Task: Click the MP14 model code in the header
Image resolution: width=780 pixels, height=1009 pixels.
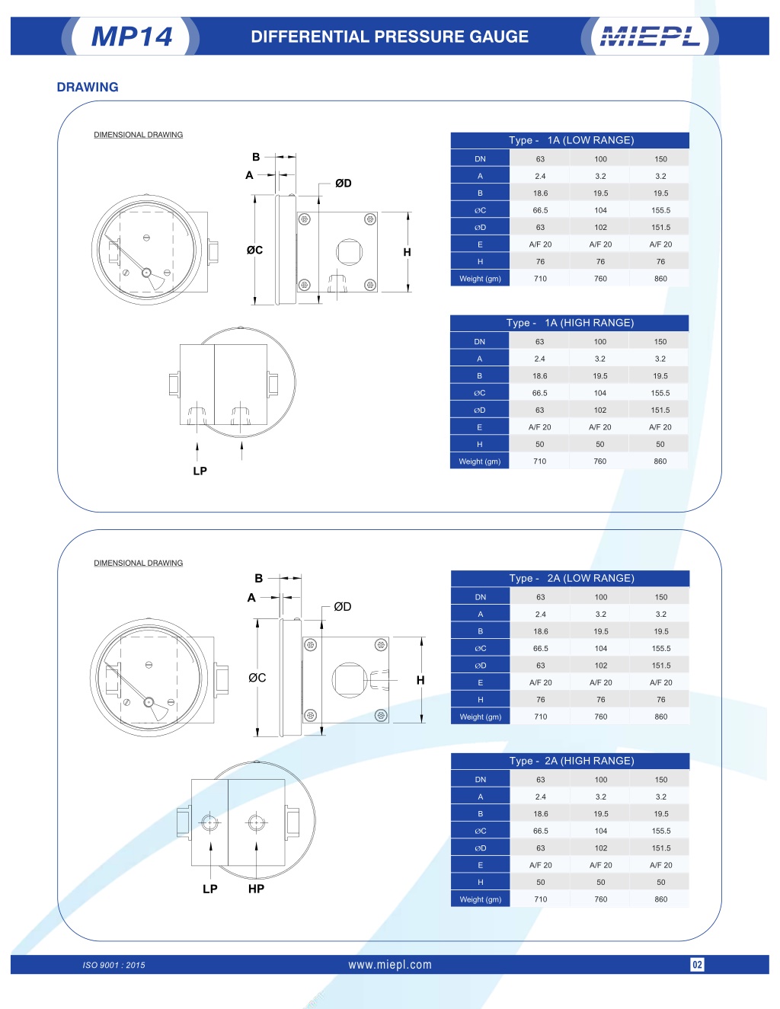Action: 132,37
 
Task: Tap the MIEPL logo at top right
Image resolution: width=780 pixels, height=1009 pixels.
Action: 650,37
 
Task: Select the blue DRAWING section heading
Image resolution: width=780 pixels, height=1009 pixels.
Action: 88,87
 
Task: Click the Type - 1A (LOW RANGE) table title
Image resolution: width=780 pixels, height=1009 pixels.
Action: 571,140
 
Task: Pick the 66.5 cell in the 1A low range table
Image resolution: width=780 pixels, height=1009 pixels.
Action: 540,210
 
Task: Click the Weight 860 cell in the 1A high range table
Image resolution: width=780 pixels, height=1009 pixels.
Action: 660,461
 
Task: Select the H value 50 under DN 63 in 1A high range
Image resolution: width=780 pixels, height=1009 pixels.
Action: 539,444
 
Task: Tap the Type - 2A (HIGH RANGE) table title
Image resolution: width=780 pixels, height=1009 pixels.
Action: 571,761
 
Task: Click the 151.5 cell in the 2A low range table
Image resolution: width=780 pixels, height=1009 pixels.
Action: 661,666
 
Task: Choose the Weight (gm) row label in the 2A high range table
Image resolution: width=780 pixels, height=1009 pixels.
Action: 481,899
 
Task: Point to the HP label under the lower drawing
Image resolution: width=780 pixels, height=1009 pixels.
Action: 256,888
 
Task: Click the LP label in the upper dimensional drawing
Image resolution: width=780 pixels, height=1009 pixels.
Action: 200,471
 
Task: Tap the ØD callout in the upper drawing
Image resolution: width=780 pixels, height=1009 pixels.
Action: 344,184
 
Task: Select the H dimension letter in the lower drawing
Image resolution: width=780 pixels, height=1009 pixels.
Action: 420,680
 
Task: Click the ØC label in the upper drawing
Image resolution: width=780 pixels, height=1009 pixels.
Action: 255,251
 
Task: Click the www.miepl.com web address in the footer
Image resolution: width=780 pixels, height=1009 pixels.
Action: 390,964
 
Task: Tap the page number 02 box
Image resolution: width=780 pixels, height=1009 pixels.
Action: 698,964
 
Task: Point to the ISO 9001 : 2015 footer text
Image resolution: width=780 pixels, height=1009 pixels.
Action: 113,965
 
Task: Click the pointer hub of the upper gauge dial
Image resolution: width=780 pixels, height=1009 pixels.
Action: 147,273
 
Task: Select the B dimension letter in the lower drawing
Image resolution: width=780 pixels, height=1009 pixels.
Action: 259,578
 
